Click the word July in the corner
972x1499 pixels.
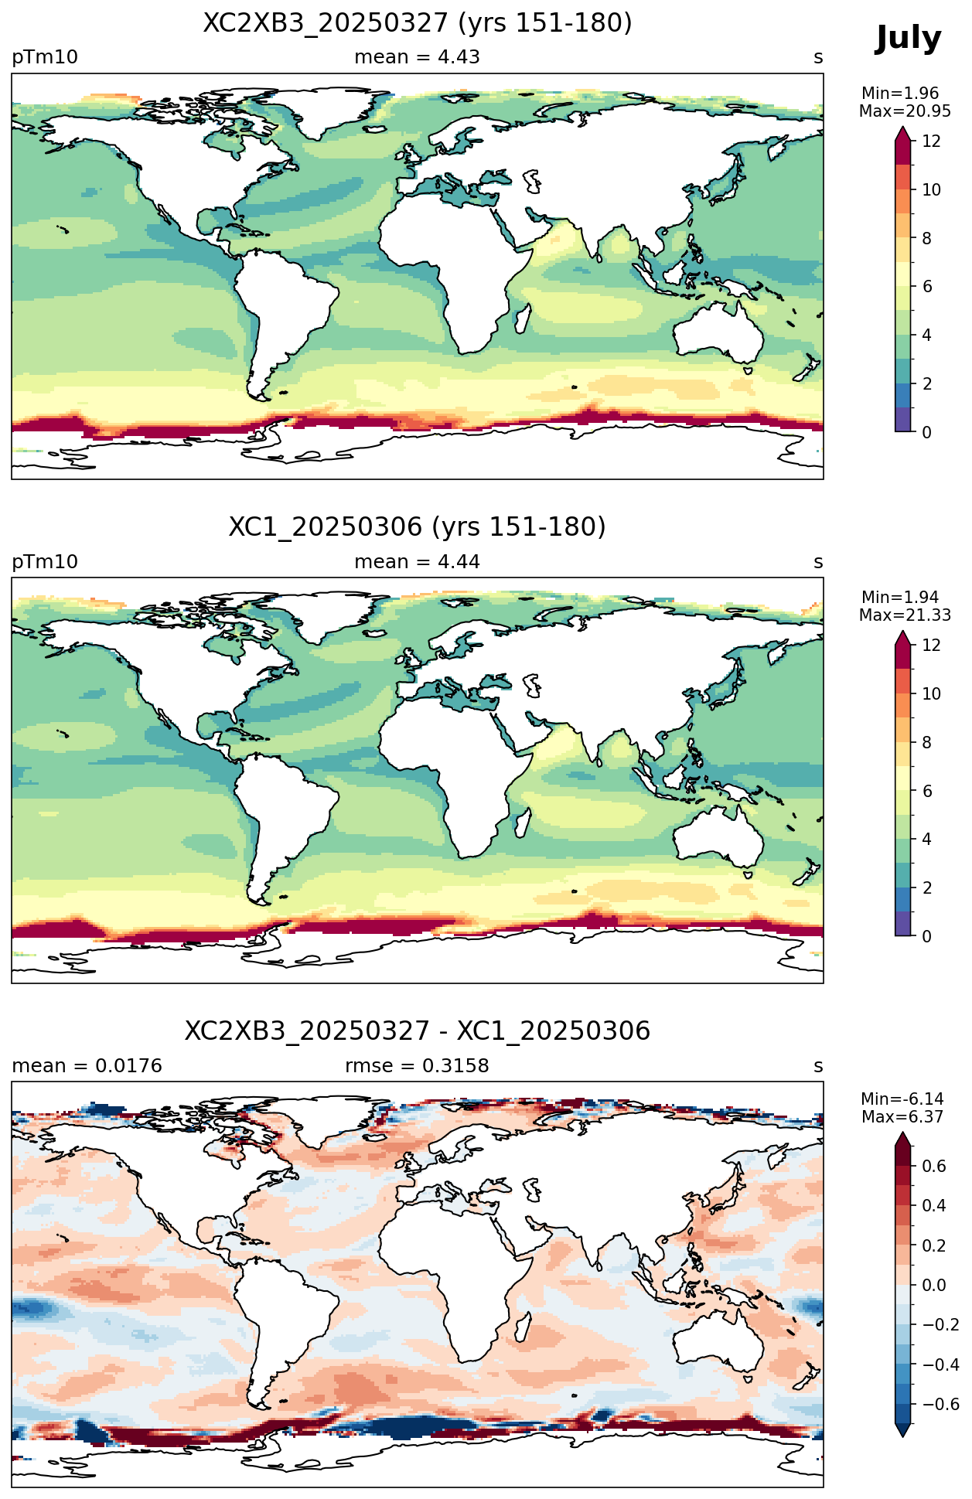click(x=908, y=39)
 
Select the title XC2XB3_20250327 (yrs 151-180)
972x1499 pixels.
click(x=418, y=23)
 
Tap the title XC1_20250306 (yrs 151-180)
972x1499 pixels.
click(x=418, y=527)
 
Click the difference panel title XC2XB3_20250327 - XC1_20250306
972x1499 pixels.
click(x=418, y=1031)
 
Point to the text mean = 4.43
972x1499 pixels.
click(x=417, y=57)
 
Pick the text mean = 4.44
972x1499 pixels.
click(x=417, y=562)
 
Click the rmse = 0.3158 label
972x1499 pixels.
click(x=417, y=1066)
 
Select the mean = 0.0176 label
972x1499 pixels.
click(x=87, y=1066)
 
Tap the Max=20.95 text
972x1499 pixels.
click(x=905, y=111)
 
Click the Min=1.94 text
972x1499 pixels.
click(x=900, y=598)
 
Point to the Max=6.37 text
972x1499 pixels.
click(x=900, y=1117)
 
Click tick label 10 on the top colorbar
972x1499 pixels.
click(x=931, y=190)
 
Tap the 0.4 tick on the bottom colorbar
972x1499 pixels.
click(x=934, y=1206)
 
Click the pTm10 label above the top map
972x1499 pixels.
click(x=45, y=57)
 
